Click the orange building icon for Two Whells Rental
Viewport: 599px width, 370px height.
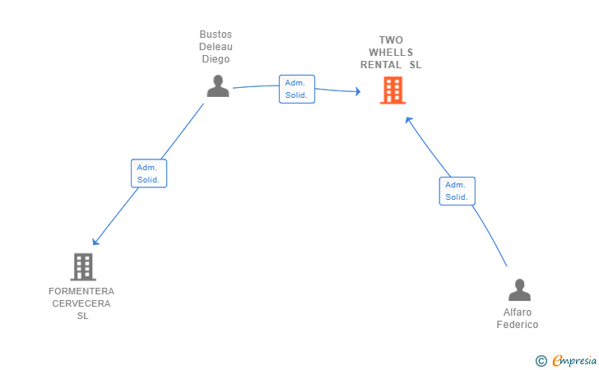tap(392, 90)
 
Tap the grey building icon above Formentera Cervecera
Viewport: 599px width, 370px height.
tap(83, 266)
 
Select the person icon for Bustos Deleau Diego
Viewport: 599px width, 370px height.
tap(218, 86)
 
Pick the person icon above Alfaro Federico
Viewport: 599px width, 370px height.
tap(519, 289)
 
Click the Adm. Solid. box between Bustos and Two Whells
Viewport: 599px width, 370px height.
tap(297, 89)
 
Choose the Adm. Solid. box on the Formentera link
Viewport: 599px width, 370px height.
tap(149, 173)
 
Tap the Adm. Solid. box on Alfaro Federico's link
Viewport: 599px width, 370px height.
tap(457, 191)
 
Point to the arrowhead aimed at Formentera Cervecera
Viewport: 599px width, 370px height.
tap(95, 241)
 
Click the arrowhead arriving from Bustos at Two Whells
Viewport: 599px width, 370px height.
tap(358, 91)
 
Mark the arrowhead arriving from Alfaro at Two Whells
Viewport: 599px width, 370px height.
tap(408, 120)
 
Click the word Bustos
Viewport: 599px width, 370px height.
tap(216, 35)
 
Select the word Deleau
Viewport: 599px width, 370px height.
tap(216, 47)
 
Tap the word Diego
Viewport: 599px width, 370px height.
tap(216, 59)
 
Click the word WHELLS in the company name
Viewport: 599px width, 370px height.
tap(391, 53)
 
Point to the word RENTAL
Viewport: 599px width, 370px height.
tap(381, 65)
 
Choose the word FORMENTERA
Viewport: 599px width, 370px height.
tap(81, 291)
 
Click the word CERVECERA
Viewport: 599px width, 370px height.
tap(81, 303)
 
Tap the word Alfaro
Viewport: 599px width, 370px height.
tap(518, 312)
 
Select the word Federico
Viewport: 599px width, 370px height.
tap(518, 325)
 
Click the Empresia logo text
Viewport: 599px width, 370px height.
tap(574, 360)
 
